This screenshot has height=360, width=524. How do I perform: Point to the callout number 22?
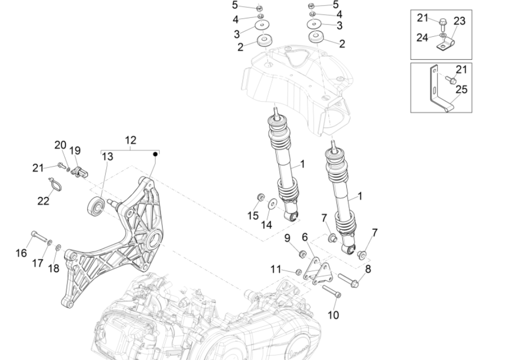point(43,201)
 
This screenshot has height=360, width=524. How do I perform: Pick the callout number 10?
point(332,315)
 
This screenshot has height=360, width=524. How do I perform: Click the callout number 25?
point(461,90)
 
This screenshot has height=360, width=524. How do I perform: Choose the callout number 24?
point(421,38)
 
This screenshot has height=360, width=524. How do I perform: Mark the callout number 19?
point(75,151)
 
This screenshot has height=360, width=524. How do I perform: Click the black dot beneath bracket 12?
point(155,153)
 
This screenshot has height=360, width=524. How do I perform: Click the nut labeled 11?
point(298,271)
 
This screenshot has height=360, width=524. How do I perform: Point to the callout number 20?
point(61,145)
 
